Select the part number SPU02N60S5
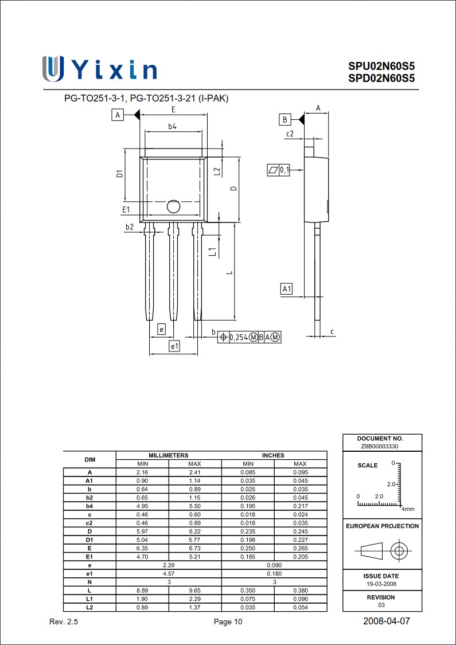pos(381,67)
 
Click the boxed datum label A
pos(118,115)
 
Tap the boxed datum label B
pos(285,119)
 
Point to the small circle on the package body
pos(173,206)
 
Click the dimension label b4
pos(172,127)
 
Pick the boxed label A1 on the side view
pos(287,289)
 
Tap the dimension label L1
pos(212,251)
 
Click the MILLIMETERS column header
pos(169,455)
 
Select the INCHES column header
pos(274,455)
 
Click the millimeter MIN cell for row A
pos(142,472)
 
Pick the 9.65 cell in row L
pos(195,591)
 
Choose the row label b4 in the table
pos(89,506)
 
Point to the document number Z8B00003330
pos(383,446)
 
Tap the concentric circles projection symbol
pos(398,552)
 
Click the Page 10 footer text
pos(228,622)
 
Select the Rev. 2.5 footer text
pos(64,622)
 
